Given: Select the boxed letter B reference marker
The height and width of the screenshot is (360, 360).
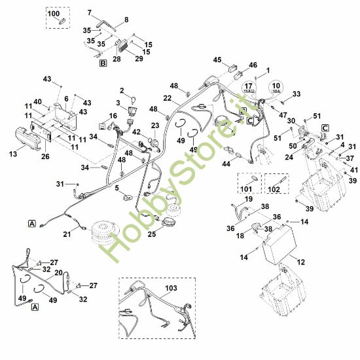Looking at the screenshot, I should coord(103,63).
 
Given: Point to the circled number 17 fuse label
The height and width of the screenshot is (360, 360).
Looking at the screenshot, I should coord(249,88).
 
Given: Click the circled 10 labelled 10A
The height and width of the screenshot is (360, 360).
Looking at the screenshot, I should coord(276,88).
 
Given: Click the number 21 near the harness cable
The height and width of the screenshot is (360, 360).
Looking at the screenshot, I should coord(67,235).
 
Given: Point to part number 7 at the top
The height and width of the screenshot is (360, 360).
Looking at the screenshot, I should coord(90,12).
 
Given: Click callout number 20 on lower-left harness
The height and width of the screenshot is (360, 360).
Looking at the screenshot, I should coord(58,272).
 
